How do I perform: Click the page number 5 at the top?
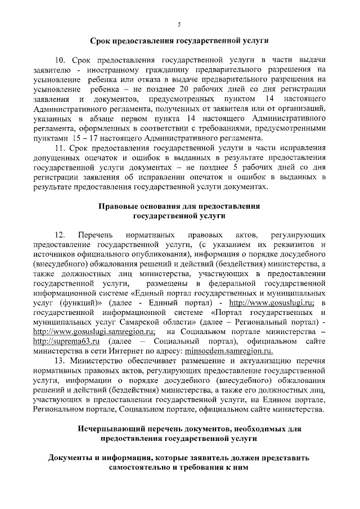(x=179, y=24)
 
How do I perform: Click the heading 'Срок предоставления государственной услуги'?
(x=179, y=40)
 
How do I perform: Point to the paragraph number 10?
(x=60, y=60)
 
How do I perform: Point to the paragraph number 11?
(x=60, y=148)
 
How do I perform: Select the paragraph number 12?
(x=60, y=233)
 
